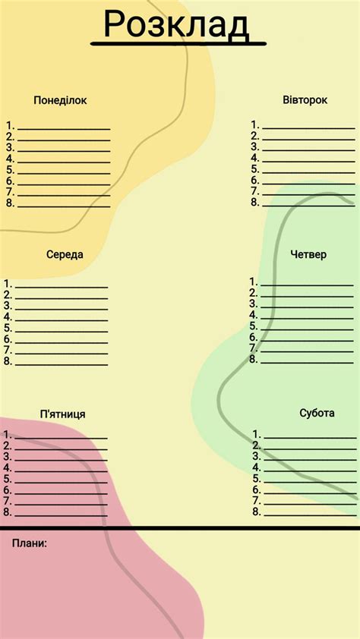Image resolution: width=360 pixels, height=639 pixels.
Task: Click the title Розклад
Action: click(x=176, y=24)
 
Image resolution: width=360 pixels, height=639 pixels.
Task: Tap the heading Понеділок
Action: click(x=61, y=100)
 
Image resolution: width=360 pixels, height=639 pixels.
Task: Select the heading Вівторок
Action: click(x=305, y=100)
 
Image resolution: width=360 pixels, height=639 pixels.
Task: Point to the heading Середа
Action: click(x=65, y=255)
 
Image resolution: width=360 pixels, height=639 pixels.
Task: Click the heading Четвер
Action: click(x=308, y=254)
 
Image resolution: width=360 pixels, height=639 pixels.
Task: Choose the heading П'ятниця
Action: click(x=62, y=414)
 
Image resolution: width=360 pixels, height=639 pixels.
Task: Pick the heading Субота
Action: click(x=317, y=413)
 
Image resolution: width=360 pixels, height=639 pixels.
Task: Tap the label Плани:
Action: click(x=30, y=543)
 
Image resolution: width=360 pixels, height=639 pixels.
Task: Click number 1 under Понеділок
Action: click(x=10, y=125)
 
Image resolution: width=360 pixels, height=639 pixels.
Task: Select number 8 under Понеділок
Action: click(x=10, y=203)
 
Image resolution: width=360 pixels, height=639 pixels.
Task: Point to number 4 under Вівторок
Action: click(x=255, y=158)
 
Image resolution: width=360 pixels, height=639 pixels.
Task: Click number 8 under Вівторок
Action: click(x=255, y=203)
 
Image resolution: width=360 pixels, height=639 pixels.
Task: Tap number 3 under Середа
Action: click(x=8, y=305)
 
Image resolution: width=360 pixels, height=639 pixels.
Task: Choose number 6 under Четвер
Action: click(x=254, y=337)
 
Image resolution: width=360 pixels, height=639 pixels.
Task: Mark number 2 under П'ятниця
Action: click(x=8, y=446)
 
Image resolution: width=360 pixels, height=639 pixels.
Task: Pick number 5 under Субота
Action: click(x=257, y=479)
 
